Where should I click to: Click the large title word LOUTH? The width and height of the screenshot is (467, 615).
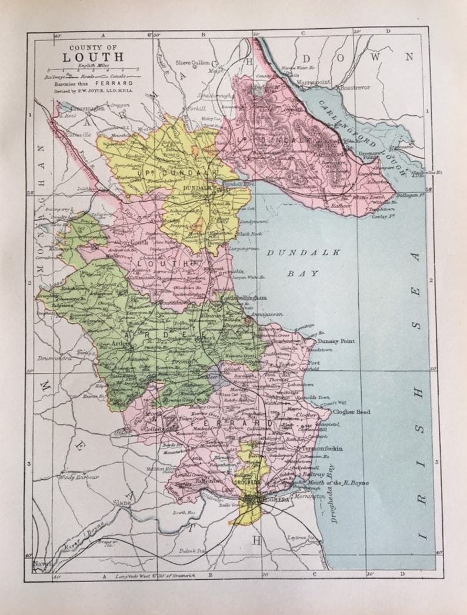point(94,57)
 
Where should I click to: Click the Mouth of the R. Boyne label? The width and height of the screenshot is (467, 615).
point(337,483)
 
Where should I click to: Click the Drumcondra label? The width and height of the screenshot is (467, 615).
point(54,357)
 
